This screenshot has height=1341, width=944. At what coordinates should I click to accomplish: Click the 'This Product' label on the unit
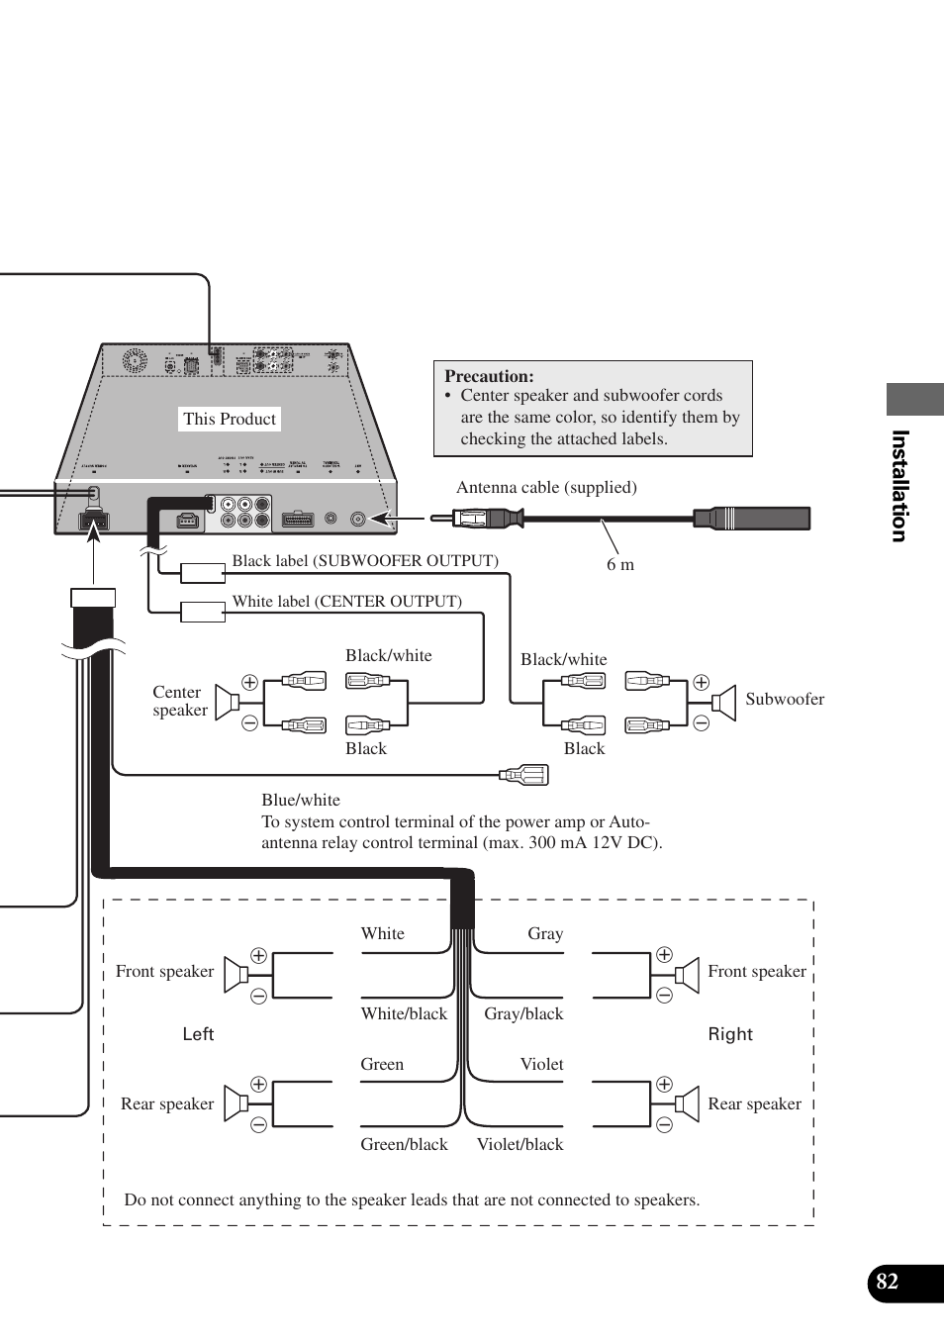point(230,419)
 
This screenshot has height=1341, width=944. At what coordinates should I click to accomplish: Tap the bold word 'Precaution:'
point(489,376)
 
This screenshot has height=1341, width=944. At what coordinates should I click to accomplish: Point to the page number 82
point(888,1282)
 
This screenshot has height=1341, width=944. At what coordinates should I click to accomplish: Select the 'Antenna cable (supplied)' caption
point(546,487)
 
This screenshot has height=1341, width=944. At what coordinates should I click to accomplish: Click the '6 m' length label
point(620,564)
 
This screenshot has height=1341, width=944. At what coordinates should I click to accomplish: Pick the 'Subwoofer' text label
point(784,699)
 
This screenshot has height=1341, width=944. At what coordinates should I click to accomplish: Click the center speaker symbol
point(228,702)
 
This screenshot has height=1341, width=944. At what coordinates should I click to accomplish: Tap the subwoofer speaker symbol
point(725,702)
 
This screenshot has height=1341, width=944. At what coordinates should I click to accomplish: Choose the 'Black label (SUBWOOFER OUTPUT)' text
point(364,561)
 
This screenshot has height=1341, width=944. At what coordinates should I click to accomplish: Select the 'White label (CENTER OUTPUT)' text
point(346,602)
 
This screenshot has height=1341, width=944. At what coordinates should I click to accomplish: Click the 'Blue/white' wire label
point(301,800)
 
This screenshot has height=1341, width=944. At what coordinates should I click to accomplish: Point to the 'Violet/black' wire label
point(519,1144)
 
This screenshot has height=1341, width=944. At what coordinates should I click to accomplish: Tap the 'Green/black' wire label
point(404,1144)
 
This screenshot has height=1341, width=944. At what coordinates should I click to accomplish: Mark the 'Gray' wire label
point(545,933)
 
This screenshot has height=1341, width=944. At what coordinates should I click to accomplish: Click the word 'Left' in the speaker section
point(198,1034)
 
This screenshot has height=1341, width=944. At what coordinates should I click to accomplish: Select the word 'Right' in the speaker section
point(730,1034)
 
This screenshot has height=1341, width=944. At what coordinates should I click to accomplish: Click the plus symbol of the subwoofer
point(702,682)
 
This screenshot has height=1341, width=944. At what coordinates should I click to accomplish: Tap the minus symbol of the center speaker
point(249,723)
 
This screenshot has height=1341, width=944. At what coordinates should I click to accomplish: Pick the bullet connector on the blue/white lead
point(524,775)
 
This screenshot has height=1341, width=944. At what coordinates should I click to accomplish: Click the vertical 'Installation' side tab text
point(899,486)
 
